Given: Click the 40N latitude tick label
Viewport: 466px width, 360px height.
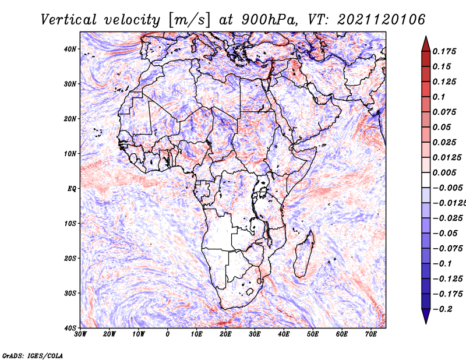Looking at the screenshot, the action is point(70,49).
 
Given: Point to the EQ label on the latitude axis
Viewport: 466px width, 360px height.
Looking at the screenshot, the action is point(72,189).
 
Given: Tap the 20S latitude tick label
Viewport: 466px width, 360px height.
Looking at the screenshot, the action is point(70,258).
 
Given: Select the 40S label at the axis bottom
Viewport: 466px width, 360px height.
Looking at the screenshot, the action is point(70,328).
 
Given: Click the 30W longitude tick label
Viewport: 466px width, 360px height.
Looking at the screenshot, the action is point(80,334).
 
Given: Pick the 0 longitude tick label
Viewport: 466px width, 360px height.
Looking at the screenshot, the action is point(168,334).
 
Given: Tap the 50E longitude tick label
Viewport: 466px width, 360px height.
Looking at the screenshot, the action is point(313,334).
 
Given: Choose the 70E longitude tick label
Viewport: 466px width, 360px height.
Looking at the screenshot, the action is point(371,334).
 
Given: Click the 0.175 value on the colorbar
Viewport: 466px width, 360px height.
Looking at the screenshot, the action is point(444,51).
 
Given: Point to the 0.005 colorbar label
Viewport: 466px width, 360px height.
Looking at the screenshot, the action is point(444,172).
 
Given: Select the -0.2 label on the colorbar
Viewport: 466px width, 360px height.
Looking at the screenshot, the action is point(443,309).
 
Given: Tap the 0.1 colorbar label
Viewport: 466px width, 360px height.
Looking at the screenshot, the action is point(439,97).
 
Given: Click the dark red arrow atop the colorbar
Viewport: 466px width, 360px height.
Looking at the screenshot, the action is point(426,44).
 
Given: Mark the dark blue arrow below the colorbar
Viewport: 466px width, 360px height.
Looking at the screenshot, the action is point(426,316).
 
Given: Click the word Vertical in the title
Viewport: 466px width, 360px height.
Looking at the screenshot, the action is point(69,20).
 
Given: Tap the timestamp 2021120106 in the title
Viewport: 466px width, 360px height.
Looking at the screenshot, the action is point(381,20).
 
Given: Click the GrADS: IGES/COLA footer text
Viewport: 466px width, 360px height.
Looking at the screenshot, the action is point(32,356).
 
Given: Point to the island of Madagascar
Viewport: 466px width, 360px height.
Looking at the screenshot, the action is point(304,254).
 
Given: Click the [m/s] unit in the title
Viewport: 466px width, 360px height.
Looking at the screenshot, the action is point(189,20).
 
